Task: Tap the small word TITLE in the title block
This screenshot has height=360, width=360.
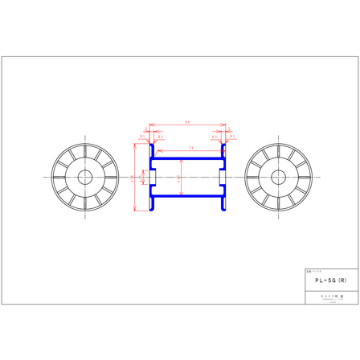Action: tap(313, 272)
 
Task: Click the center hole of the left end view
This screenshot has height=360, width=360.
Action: tap(84, 177)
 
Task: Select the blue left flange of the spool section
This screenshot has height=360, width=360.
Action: tap(150, 177)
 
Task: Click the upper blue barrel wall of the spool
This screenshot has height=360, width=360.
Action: tap(187, 158)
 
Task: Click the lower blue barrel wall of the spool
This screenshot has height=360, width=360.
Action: tap(187, 196)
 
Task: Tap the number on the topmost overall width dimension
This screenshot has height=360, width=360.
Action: tap(187, 123)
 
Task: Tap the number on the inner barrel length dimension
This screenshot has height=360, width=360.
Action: tap(190, 149)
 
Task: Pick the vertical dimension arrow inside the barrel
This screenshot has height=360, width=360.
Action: tap(181, 177)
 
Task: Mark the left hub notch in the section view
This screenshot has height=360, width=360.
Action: tap(153, 177)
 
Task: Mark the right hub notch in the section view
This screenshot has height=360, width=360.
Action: tap(222, 177)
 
